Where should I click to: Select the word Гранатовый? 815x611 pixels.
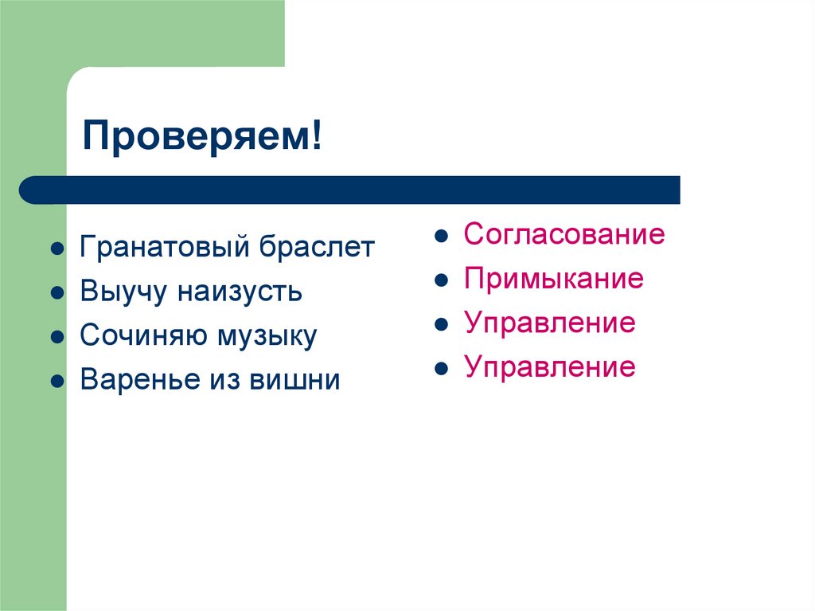click(163, 247)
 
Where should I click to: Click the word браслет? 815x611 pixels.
click(315, 247)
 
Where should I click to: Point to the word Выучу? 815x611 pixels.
click(123, 292)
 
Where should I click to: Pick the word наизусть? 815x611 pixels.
click(240, 292)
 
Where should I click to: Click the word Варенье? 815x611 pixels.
click(139, 380)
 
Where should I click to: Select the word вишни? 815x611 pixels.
click(294, 380)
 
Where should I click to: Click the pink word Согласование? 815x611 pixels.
click(564, 235)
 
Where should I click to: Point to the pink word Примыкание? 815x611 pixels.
click(554, 280)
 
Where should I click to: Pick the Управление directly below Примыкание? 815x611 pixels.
click(550, 323)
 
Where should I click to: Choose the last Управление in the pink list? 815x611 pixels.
click(550, 367)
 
